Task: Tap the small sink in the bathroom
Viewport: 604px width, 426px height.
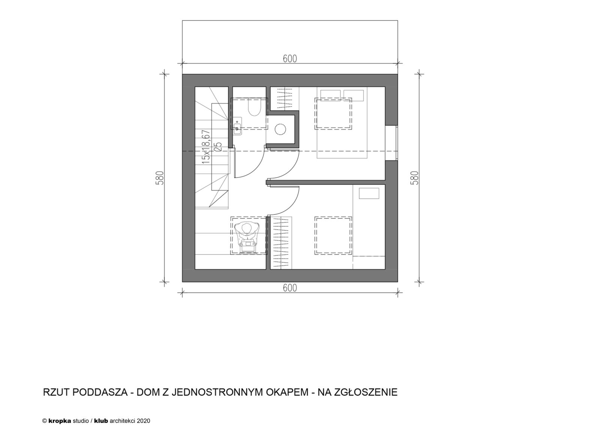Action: coord(237,126)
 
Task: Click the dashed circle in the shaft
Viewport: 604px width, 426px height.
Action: coord(280,129)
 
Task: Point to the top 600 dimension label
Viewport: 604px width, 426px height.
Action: coord(290,59)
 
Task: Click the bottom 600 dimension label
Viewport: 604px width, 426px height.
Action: coord(290,288)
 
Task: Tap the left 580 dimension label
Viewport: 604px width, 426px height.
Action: coord(160,178)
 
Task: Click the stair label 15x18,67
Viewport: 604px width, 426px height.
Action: coord(206,147)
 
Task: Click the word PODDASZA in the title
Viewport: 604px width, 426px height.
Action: coord(100,392)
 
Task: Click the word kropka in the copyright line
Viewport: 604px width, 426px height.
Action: coord(60,421)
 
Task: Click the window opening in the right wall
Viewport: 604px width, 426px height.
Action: coord(391,143)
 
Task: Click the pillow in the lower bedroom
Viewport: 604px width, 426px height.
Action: coord(369,193)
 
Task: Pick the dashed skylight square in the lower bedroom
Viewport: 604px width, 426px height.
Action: coord(333,236)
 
